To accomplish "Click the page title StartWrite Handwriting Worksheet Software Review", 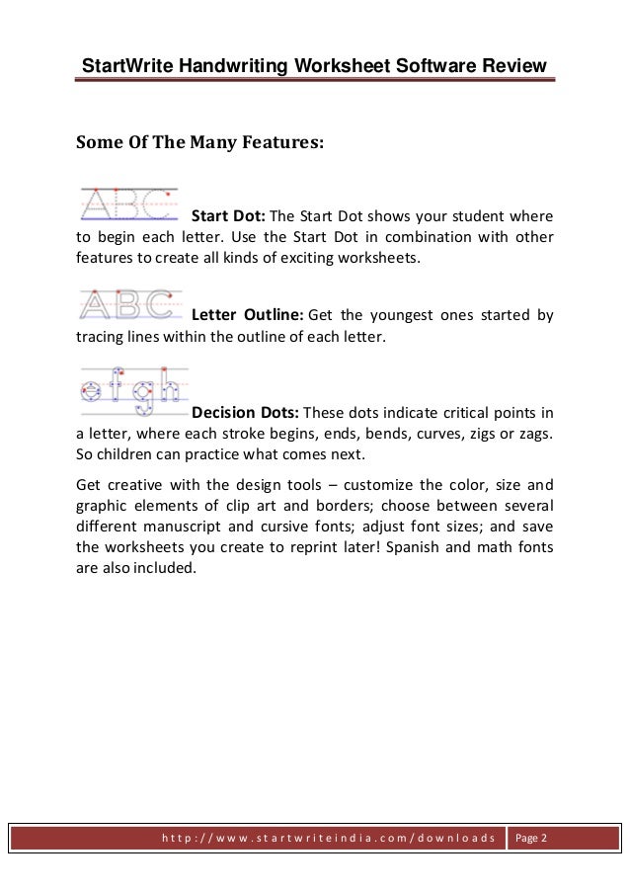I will click(x=313, y=66).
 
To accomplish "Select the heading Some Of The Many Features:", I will click(x=199, y=141).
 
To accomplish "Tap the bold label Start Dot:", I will click(x=227, y=216).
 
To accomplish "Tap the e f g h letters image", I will click(x=130, y=392).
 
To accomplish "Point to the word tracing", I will click(x=103, y=338).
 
